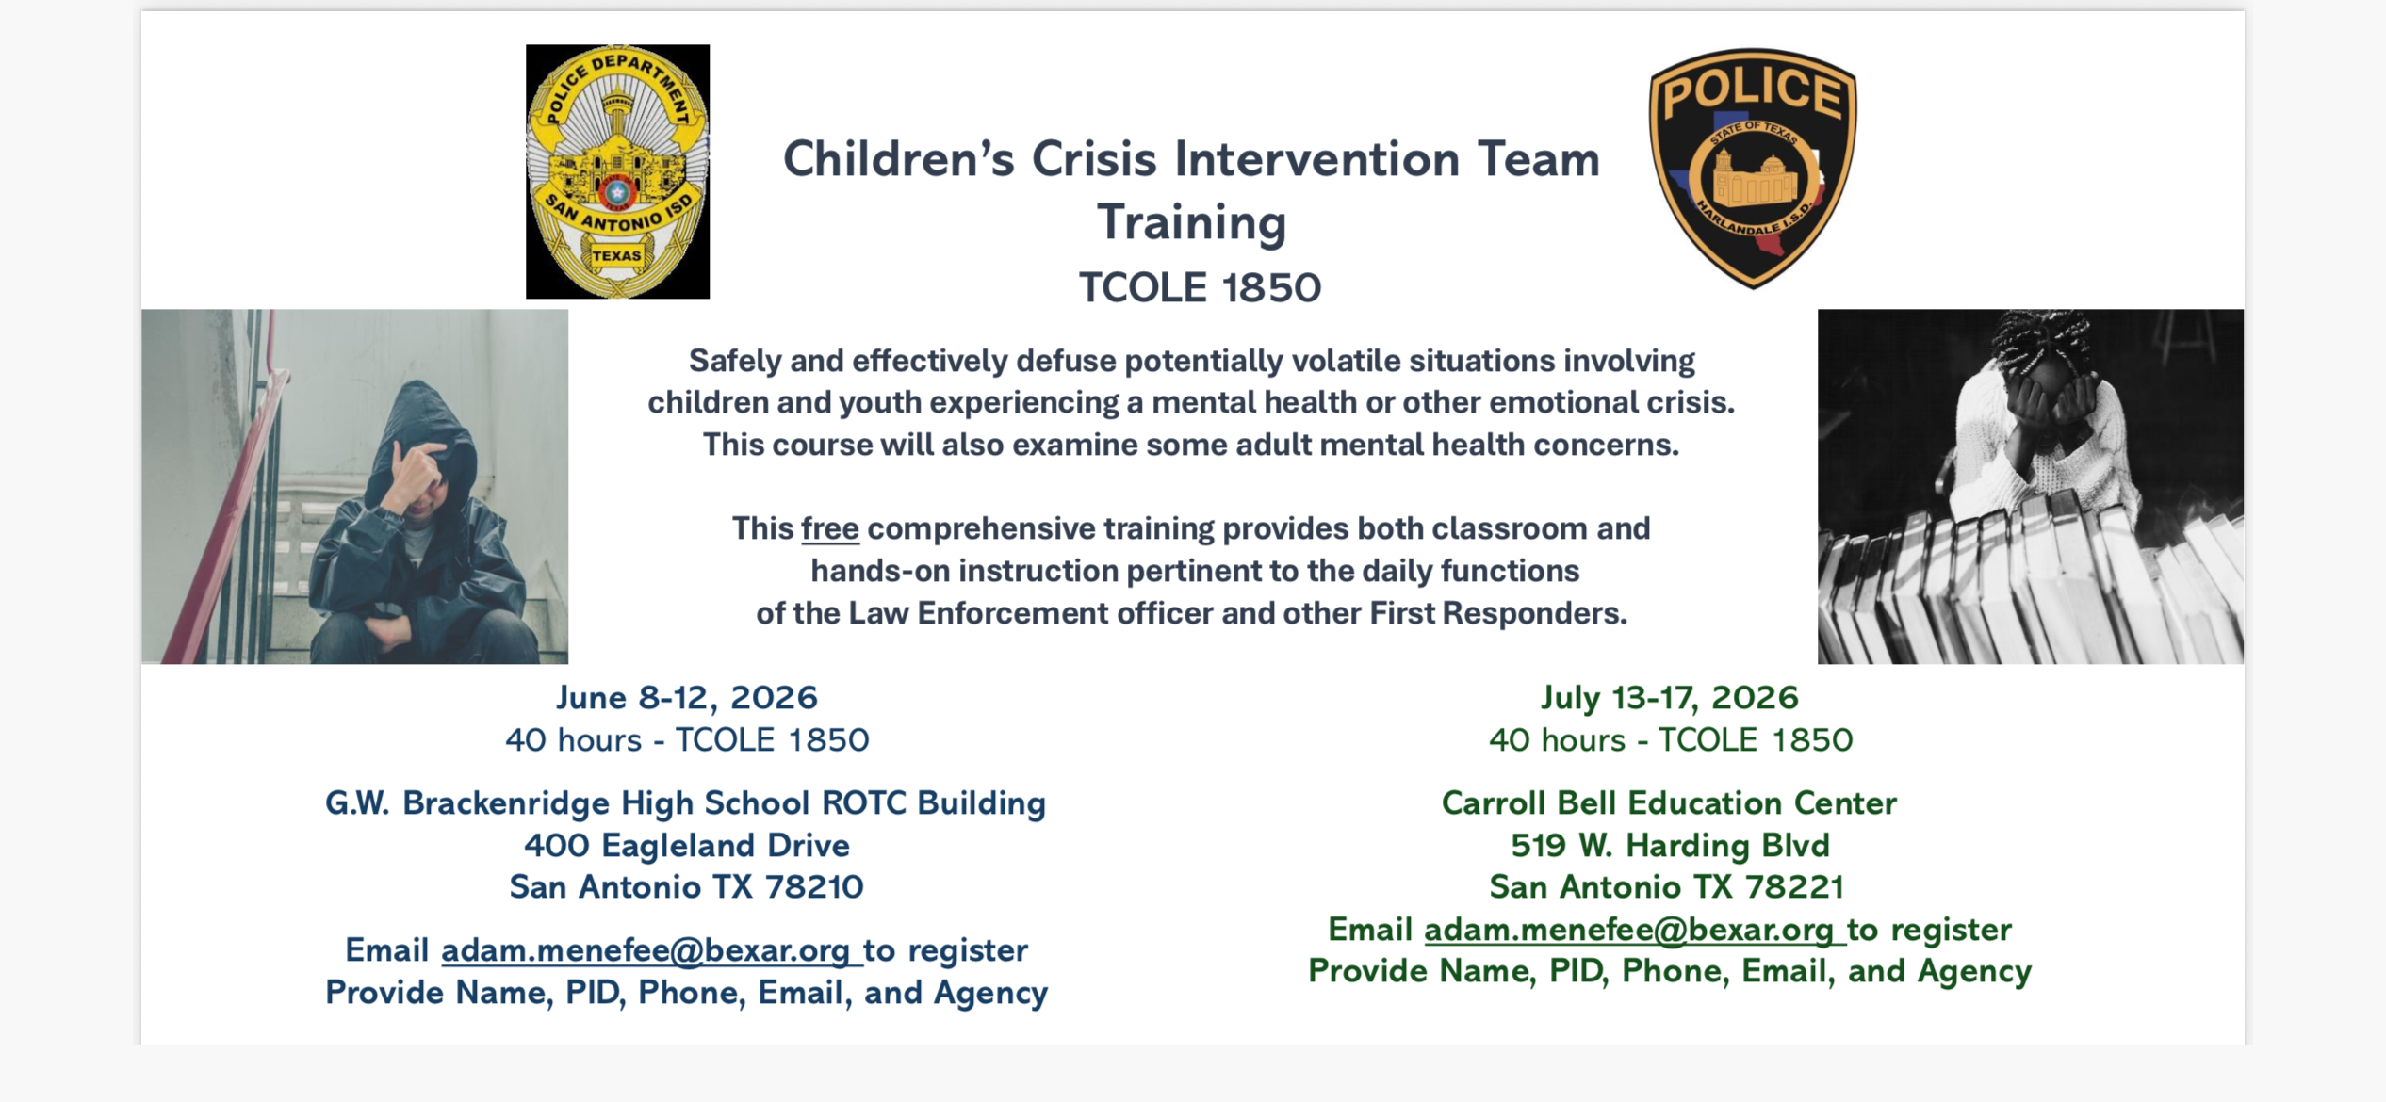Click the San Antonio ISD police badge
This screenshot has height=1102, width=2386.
pyautogui.click(x=617, y=171)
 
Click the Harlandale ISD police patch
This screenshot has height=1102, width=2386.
pyautogui.click(x=1753, y=168)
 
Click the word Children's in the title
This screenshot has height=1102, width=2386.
pyautogui.click(x=898, y=158)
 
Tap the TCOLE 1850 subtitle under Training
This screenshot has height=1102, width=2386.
pyautogui.click(x=1200, y=287)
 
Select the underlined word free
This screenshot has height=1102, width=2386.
pyautogui.click(x=829, y=528)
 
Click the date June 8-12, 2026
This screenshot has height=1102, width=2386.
pyautogui.click(x=686, y=697)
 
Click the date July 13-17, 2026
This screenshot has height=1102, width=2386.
pyautogui.click(x=1670, y=697)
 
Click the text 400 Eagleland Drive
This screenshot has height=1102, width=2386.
pyautogui.click(x=687, y=845)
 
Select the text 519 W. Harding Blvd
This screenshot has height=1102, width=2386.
pyautogui.click(x=1670, y=845)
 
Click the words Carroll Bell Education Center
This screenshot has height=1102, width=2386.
pyautogui.click(x=1669, y=802)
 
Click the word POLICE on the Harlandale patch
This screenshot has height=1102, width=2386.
pyautogui.click(x=1753, y=92)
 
